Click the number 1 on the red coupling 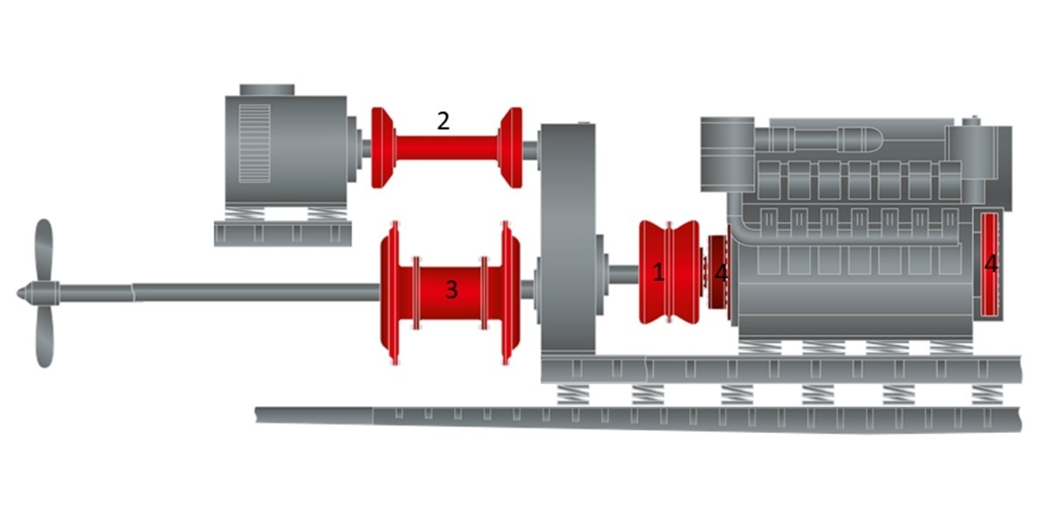pos(658,272)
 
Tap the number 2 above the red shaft pos(443,121)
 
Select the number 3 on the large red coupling pos(451,290)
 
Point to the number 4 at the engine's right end pos(990,263)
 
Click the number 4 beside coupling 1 pos(720,273)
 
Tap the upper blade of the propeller pos(44,249)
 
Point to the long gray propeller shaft pos(254,292)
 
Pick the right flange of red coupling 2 pos(511,147)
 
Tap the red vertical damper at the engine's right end pos(990,263)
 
